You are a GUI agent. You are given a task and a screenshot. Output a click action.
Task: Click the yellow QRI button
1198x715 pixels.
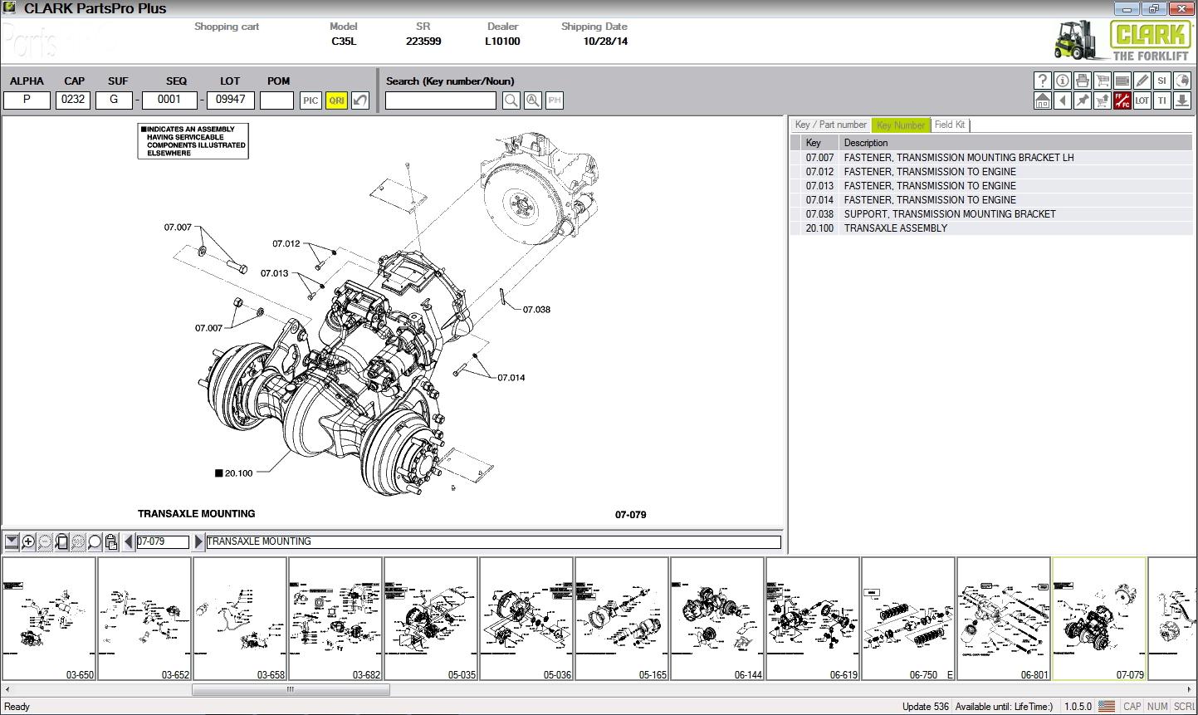(x=336, y=100)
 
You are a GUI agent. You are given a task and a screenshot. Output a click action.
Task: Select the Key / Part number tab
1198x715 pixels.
(x=830, y=125)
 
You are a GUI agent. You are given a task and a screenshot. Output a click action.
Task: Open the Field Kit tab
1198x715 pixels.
(x=950, y=125)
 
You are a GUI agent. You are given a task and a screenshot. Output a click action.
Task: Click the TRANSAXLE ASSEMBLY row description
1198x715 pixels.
(x=895, y=228)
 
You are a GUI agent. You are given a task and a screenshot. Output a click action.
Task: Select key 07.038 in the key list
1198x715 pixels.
(x=819, y=214)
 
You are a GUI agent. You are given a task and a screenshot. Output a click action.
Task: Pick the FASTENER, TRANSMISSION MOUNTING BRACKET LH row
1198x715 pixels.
(x=958, y=158)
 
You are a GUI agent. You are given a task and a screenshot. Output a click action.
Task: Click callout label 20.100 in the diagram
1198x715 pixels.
(x=238, y=473)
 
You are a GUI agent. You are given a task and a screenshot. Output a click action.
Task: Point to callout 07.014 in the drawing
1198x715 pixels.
(x=511, y=378)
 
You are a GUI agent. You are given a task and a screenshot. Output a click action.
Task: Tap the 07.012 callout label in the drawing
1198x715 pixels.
(x=286, y=244)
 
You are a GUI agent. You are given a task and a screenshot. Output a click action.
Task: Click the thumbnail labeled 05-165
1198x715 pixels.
(x=622, y=619)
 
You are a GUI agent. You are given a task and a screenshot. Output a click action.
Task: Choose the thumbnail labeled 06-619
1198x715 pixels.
(x=813, y=619)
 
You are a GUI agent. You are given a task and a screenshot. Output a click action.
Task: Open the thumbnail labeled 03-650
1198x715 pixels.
(x=49, y=619)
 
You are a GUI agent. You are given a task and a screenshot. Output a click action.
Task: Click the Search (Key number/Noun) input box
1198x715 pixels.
(x=440, y=100)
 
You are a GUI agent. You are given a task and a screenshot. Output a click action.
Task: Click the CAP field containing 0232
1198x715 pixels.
(x=73, y=100)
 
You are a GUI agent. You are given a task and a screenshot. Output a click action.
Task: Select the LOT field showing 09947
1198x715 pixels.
(x=230, y=100)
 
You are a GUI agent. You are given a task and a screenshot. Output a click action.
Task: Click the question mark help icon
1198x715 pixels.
(x=1043, y=81)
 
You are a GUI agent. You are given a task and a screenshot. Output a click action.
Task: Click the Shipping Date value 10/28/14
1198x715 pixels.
(x=605, y=42)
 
